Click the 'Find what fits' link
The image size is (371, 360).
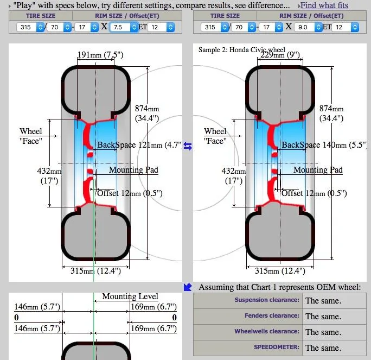tap(324, 5)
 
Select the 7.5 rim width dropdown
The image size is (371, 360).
tap(124, 27)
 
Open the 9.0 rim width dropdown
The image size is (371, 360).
tap(308, 27)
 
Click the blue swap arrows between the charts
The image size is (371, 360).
tap(188, 146)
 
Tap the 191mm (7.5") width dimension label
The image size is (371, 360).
tap(100, 55)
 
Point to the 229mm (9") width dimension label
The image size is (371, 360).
tap(280, 55)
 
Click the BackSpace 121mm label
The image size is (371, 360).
tap(140, 145)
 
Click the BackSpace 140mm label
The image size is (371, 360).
tap(324, 145)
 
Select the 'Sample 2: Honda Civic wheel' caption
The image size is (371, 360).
tap(241, 50)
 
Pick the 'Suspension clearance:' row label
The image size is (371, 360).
tap(267, 300)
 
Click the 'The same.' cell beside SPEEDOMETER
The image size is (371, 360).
tap(323, 348)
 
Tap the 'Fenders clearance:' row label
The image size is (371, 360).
tap(272, 315)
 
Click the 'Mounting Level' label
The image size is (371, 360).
tap(130, 296)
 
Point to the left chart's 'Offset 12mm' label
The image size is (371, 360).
tap(130, 193)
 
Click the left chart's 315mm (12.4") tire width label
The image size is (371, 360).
tap(95, 270)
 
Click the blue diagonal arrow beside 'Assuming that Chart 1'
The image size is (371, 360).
tap(188, 287)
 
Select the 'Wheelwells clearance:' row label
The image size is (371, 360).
tap(267, 331)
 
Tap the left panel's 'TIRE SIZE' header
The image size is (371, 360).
tap(41, 16)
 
